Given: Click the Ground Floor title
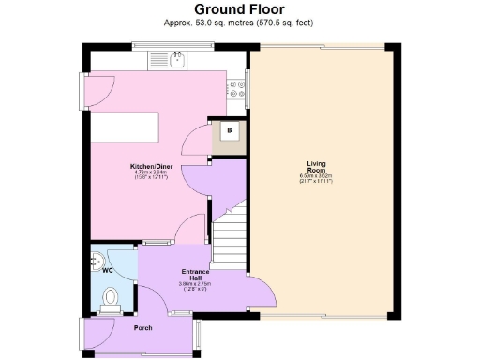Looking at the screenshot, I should tap(239, 10).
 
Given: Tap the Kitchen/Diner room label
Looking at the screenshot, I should tap(151, 168).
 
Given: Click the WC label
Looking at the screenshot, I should tap(107, 271).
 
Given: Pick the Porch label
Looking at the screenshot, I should tap(142, 327).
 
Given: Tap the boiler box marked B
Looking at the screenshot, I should tap(228, 131).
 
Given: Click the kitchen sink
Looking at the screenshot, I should tap(173, 61).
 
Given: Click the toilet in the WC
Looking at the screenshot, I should tap(110, 298).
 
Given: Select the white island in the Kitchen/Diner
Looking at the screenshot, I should tap(126, 126).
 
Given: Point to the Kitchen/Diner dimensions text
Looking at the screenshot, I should tap(151, 175).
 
